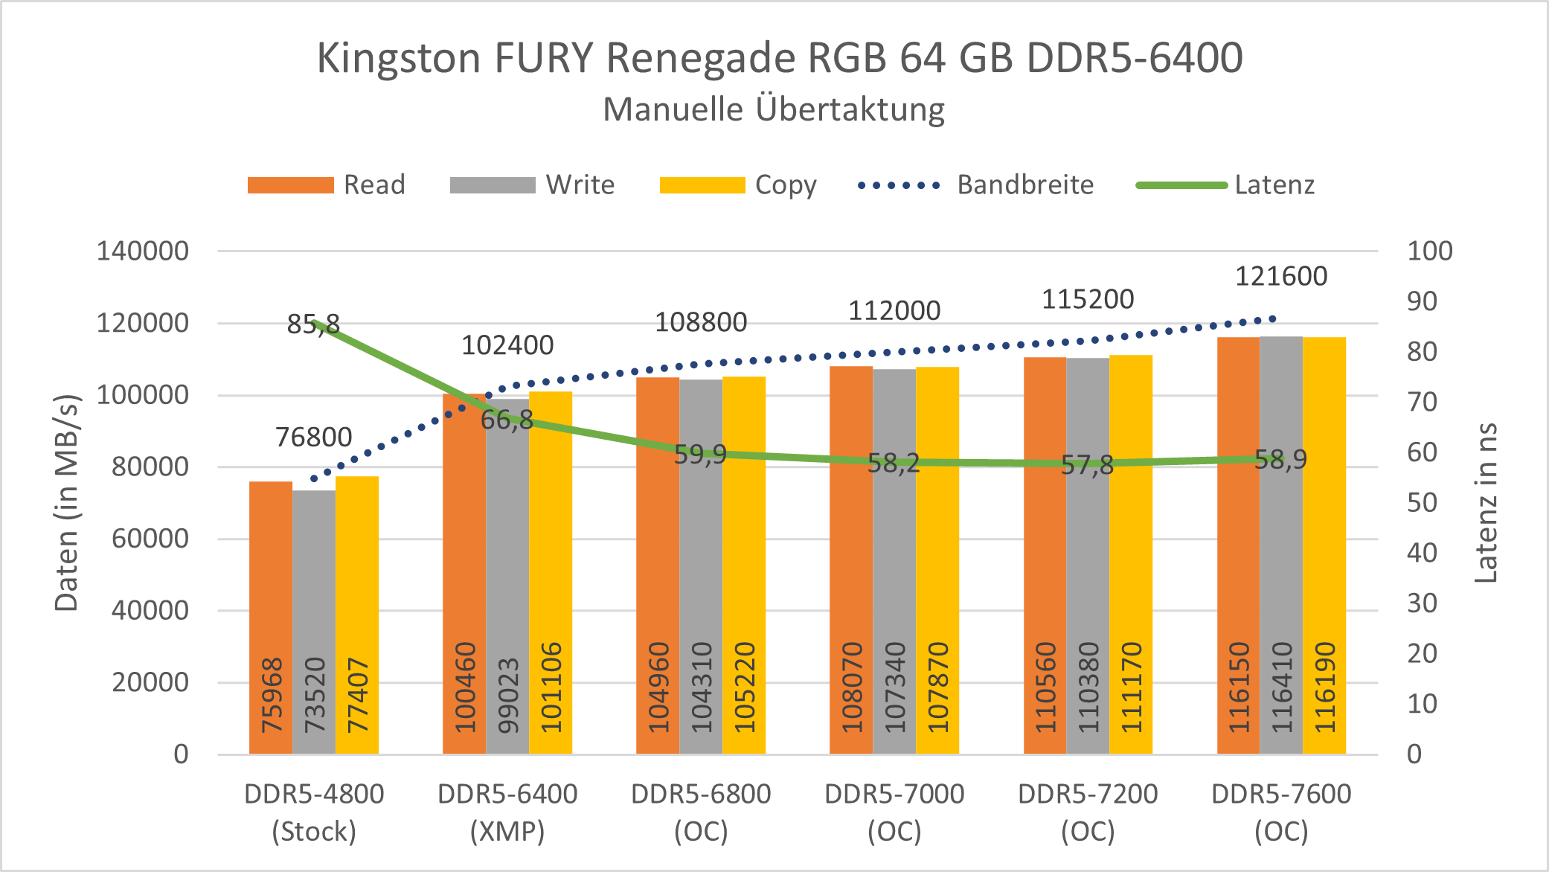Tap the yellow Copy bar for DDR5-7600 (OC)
point(1324,521)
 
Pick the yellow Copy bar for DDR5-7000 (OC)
point(937,536)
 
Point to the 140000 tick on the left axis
point(143,251)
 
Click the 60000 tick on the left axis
point(150,539)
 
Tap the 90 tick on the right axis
point(1422,301)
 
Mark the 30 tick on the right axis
point(1422,603)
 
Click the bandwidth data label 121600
point(1281,276)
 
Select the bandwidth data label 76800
point(313,437)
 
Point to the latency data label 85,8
point(313,324)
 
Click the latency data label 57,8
point(1087,466)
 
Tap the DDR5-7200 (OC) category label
point(1088,812)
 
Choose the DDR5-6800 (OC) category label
point(701,812)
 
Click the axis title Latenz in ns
point(1486,503)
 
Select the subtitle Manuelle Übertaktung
point(774,109)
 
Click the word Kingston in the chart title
point(399,57)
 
